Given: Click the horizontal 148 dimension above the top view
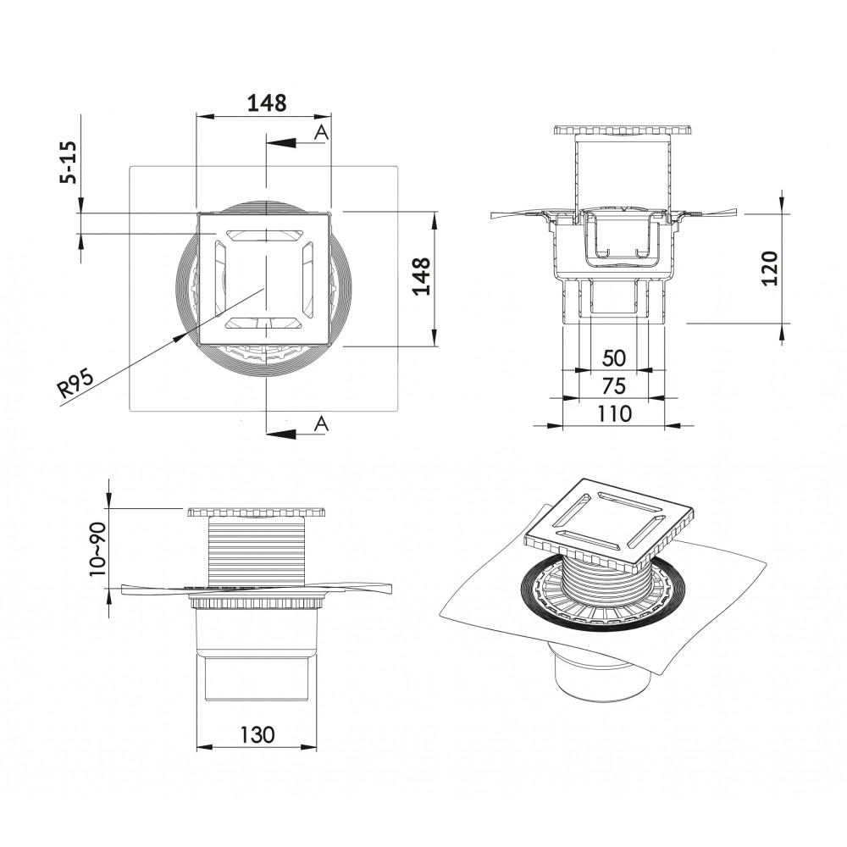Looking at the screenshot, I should click(x=267, y=102).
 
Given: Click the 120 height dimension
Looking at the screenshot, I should click(x=769, y=268).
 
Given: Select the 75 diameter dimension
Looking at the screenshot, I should click(x=614, y=386).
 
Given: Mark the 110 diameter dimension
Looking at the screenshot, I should click(x=614, y=413).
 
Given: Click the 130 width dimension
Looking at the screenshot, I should click(x=257, y=734).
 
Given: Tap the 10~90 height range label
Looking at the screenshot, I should click(x=97, y=549).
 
